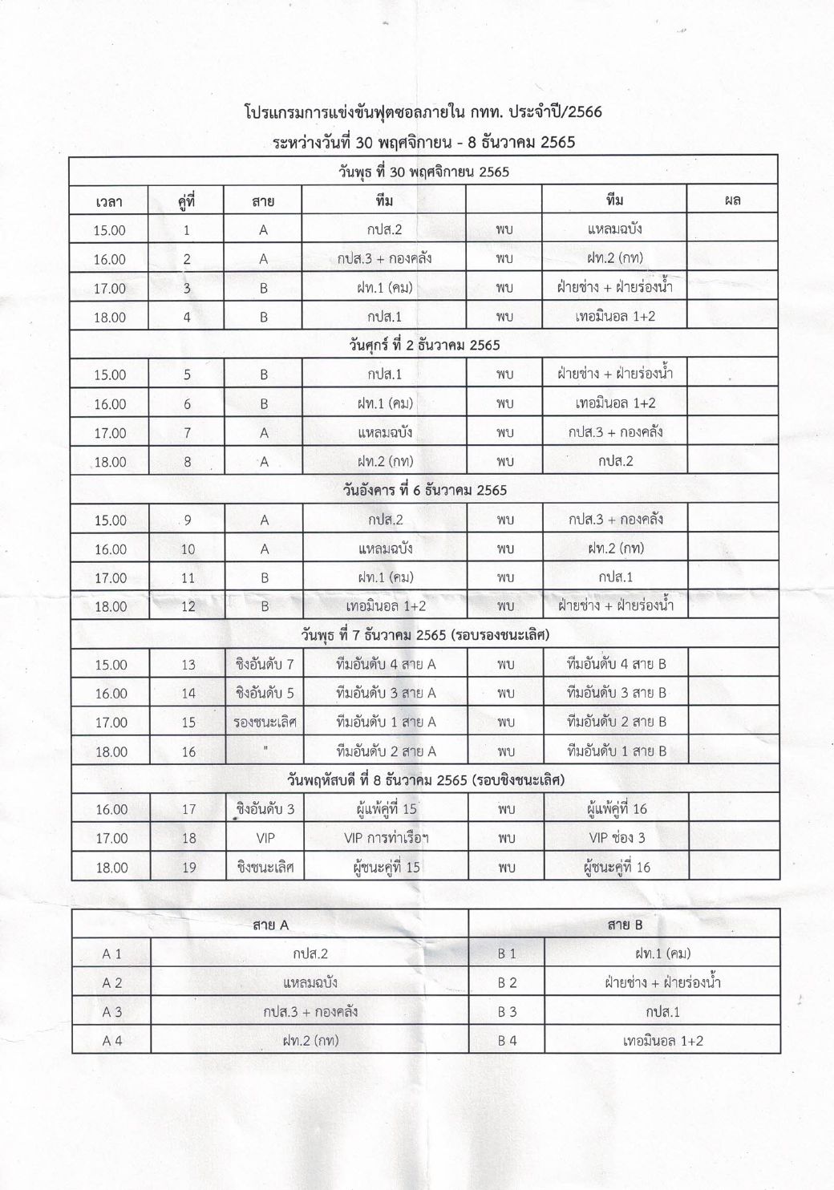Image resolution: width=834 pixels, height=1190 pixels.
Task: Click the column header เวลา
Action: [109, 200]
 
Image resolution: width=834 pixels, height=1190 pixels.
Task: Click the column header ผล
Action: [731, 200]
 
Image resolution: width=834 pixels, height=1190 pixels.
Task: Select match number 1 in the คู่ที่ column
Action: [187, 230]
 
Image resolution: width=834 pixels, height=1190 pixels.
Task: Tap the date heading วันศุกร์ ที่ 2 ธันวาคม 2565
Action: [424, 346]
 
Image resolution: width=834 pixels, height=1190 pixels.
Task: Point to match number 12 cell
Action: [188, 606]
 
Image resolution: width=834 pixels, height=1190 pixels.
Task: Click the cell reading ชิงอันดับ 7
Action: [265, 664]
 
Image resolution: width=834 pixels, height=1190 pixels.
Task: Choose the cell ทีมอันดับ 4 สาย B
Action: [616, 664]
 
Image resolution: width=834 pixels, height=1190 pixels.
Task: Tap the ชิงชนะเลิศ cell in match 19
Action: [265, 867]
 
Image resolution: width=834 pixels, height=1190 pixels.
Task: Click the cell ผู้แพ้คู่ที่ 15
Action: [386, 809]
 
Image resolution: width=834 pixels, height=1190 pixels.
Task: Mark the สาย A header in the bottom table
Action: [270, 925]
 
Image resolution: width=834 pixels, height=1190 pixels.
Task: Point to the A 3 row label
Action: [111, 1012]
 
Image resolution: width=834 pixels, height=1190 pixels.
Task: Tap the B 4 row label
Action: [507, 1041]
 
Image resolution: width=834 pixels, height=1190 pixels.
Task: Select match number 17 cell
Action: [188, 809]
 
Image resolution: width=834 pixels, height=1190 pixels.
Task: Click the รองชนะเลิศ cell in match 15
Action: [265, 722]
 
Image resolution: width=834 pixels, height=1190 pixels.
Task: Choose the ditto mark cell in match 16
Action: [265, 751]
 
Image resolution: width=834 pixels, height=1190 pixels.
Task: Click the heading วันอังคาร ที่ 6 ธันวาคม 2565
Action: [425, 490]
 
